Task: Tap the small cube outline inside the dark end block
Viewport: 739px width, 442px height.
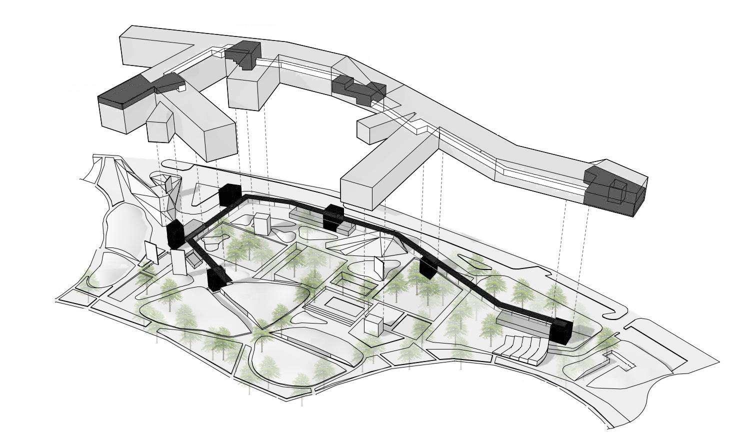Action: [618, 191]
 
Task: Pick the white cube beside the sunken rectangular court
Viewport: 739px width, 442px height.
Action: [372, 325]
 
